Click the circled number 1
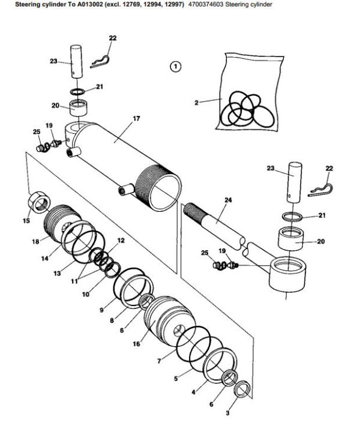pos(175,67)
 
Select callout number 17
pos(136,119)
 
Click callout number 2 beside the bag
pos(196,103)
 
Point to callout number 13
pos(58,274)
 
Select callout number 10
pos(85,295)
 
